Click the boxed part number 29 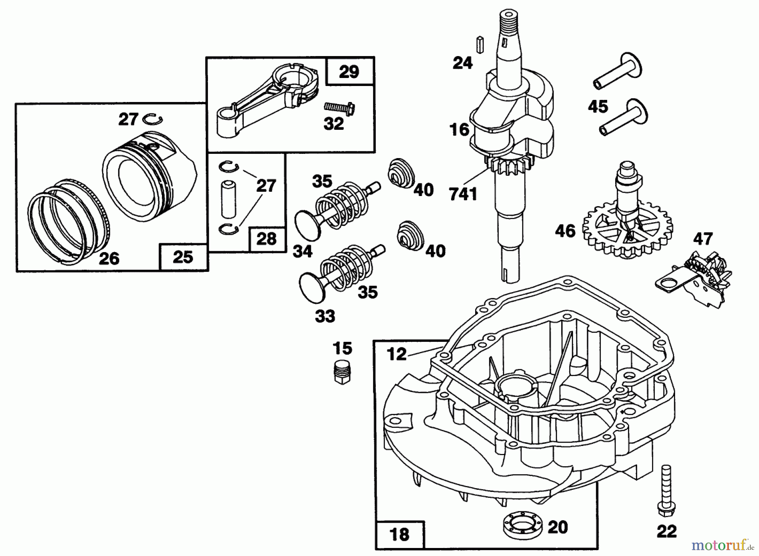point(349,72)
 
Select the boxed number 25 point(183,257)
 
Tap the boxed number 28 point(266,239)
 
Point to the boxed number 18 point(399,535)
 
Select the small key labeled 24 point(479,45)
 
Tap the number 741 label point(463,194)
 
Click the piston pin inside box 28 point(229,197)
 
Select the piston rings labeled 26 point(67,223)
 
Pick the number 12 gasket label point(396,354)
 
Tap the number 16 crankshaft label point(459,129)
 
